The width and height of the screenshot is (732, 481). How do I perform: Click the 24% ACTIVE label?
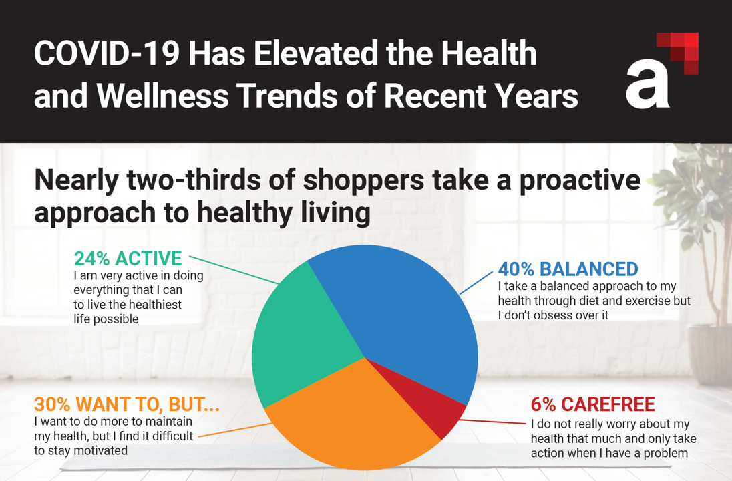[128, 259]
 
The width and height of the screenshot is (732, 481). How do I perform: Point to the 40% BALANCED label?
[568, 269]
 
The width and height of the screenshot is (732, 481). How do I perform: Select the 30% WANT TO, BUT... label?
[127, 405]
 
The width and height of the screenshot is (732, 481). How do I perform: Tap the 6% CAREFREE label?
[592, 405]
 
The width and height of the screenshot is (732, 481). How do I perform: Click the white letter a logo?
[647, 84]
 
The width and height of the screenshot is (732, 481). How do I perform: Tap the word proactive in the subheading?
[568, 180]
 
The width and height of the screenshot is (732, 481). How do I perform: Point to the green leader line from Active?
[234, 269]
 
